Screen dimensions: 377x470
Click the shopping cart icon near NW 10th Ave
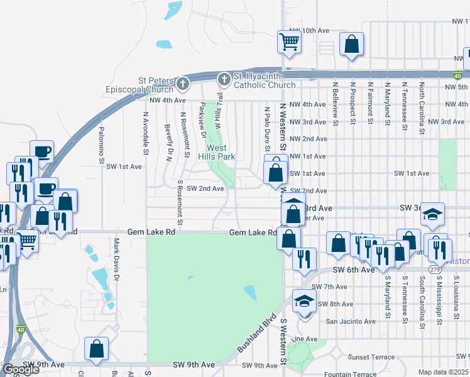pyautogui.click(x=290, y=42)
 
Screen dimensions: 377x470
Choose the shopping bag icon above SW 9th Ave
pyautogui.click(x=97, y=349)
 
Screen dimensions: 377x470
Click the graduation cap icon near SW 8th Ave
pyautogui.click(x=304, y=301)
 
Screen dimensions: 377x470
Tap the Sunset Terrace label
pyautogui.click(x=369, y=357)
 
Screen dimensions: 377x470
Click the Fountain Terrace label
pyautogui.click(x=348, y=374)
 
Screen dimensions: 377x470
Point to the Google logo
pyautogui.click(x=21, y=369)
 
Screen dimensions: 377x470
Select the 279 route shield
pyautogui.click(x=435, y=269)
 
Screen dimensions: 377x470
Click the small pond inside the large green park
pyautogui.click(x=250, y=292)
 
